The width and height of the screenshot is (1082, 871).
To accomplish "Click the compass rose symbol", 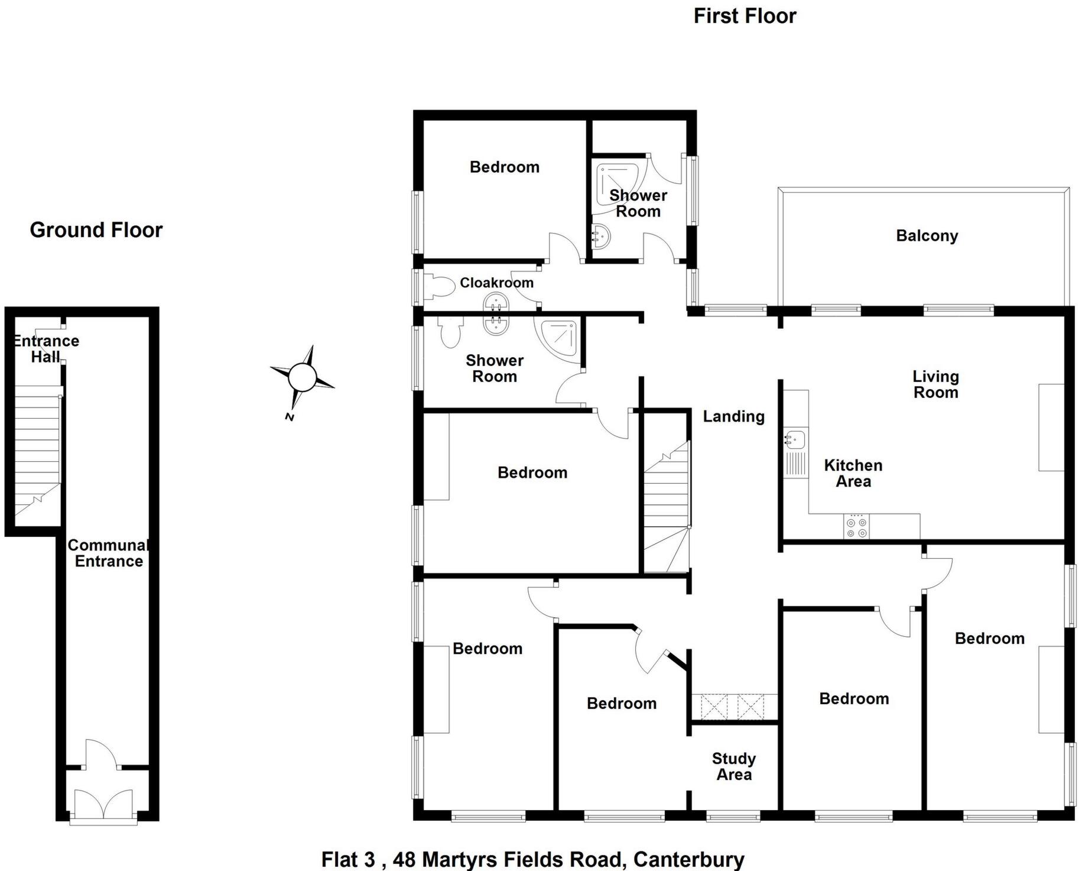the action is click(302, 377).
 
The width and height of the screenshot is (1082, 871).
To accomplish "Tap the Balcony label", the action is click(927, 235).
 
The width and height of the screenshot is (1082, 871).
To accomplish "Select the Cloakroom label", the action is click(496, 283).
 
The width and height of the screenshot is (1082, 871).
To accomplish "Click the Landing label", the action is click(733, 416).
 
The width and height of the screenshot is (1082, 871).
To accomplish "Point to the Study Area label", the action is click(734, 766).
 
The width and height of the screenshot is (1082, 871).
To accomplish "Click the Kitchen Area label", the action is click(853, 473).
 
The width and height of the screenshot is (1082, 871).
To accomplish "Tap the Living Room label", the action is click(935, 384).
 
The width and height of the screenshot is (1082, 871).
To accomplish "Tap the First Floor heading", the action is click(745, 16).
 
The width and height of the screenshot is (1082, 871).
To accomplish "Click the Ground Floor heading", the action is click(96, 230).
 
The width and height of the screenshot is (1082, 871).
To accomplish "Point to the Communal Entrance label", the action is click(109, 553).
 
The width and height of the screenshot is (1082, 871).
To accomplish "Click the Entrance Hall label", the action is click(46, 349).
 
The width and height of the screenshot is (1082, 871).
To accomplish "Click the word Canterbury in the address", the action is click(688, 859).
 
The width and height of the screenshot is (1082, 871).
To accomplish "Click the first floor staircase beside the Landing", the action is click(667, 509).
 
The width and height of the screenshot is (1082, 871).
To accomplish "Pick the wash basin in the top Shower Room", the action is click(601, 237).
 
